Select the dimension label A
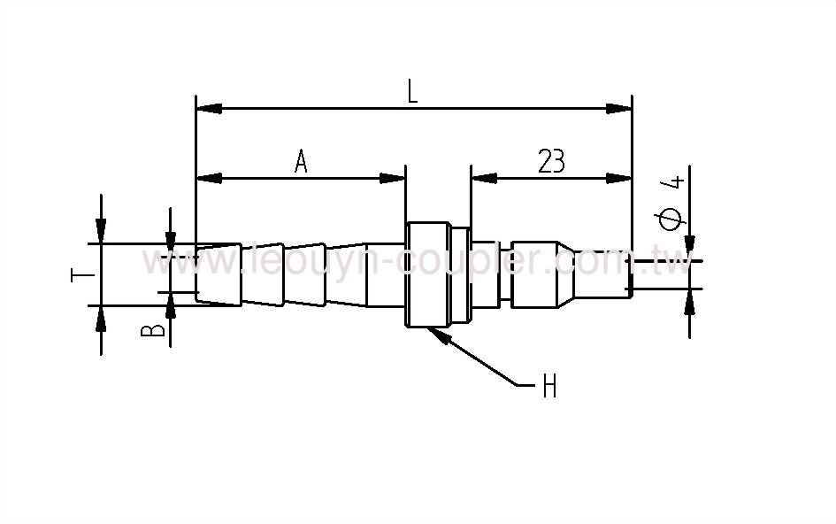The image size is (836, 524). [301, 162]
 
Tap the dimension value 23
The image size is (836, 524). [550, 161]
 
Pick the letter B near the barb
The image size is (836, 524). [154, 330]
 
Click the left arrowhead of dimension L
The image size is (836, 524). [206, 109]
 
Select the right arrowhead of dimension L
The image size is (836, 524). [621, 109]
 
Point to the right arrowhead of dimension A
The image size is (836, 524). [394, 178]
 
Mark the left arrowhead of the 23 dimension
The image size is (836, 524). [481, 178]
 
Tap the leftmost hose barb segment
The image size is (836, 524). [219, 274]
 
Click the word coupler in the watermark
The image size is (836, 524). [470, 263]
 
